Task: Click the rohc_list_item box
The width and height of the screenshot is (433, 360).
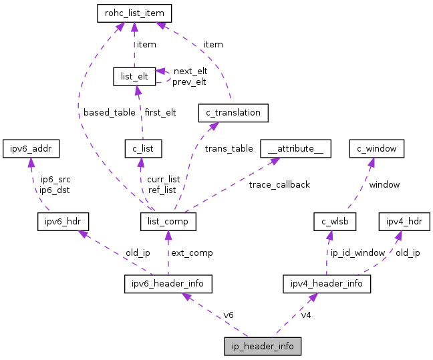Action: click(134, 13)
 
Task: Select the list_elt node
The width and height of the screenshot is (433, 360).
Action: click(134, 76)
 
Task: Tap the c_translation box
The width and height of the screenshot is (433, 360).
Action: click(233, 113)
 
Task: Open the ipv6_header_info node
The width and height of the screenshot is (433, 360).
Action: click(168, 283)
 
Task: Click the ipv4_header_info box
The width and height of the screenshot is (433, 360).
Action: click(327, 283)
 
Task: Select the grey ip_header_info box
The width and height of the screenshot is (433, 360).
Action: click(263, 347)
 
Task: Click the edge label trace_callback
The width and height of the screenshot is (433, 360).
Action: click(279, 184)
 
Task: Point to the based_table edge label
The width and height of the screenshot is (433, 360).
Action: click(109, 112)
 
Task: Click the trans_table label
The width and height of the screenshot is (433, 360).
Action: click(229, 148)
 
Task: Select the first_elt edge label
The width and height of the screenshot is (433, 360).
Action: click(160, 112)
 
